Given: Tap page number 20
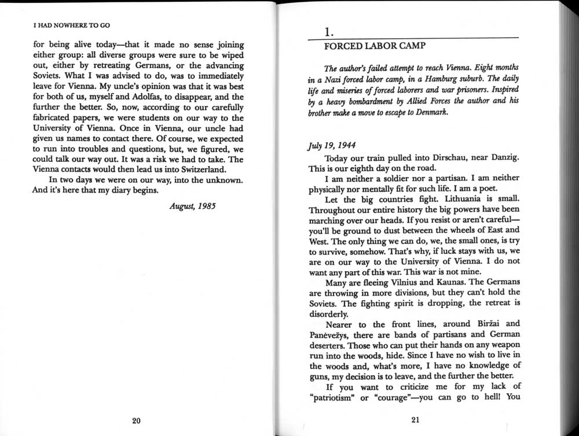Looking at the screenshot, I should (x=136, y=420).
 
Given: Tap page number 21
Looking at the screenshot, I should (x=415, y=420).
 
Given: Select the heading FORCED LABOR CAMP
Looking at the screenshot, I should (x=366, y=45).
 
